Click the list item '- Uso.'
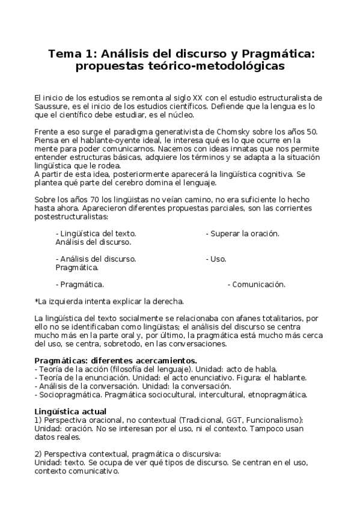(x=216, y=259)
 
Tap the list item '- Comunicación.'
(x=256, y=284)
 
